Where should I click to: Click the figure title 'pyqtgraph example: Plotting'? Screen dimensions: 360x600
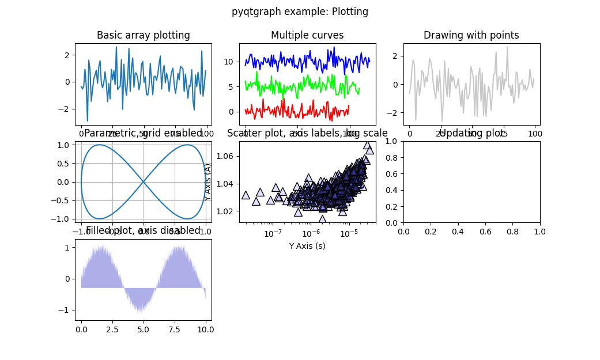(300, 12)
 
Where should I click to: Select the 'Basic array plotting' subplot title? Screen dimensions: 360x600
(143, 35)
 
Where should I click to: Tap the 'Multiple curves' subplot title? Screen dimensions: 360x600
(307, 35)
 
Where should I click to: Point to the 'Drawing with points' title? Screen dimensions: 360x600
(471, 35)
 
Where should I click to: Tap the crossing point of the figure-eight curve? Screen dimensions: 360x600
(144, 182)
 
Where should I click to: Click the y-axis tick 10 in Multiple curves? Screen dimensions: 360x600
(228, 62)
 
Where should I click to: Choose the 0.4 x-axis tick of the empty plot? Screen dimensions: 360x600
(458, 232)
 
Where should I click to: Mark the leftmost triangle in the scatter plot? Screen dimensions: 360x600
(246, 195)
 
